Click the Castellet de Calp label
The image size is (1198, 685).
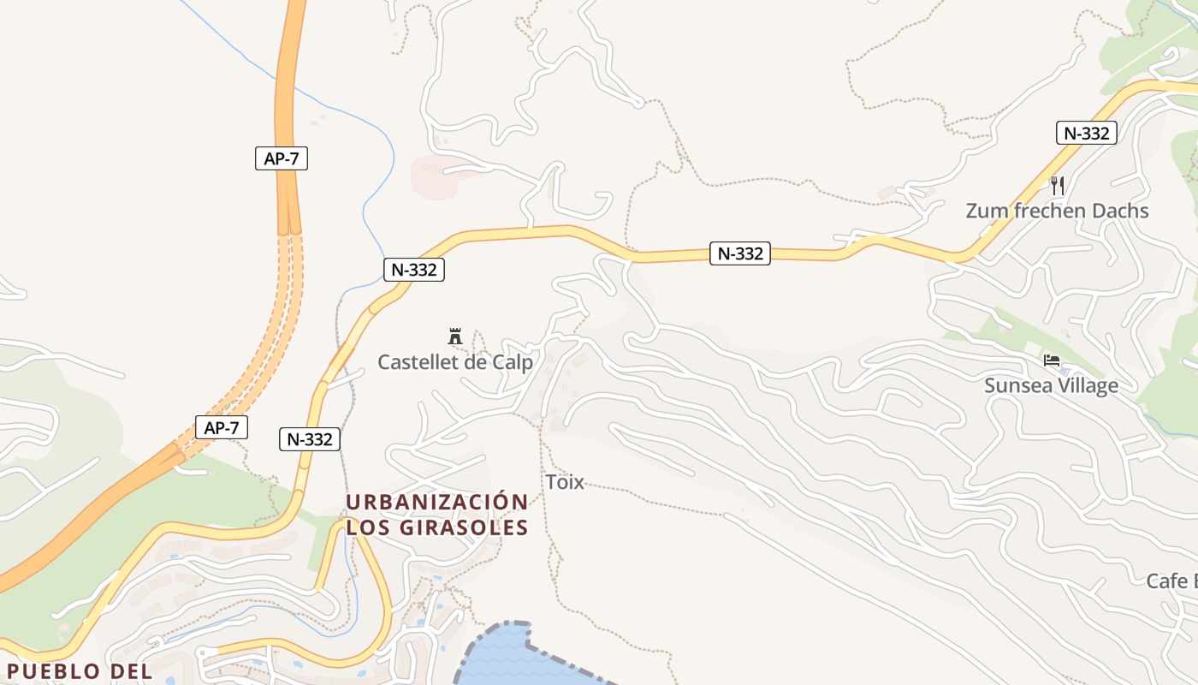click(455, 362)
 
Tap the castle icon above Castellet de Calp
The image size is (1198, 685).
click(455, 336)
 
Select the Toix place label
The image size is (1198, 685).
click(565, 482)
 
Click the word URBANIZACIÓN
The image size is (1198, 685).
click(437, 502)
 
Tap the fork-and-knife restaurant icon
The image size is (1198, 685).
click(1057, 185)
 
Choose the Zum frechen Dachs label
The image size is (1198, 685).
click(1057, 211)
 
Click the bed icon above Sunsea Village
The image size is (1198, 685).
click(1052, 360)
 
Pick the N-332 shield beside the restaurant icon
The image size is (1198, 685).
click(1086, 133)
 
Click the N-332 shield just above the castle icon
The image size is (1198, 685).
click(414, 270)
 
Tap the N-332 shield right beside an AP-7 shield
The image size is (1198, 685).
click(310, 439)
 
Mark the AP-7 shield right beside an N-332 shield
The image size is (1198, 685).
click(222, 427)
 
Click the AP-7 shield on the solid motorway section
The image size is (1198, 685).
click(282, 158)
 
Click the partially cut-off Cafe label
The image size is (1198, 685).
click(1171, 581)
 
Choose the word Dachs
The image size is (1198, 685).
click(1116, 211)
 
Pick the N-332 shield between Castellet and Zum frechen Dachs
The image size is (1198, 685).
click(740, 253)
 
